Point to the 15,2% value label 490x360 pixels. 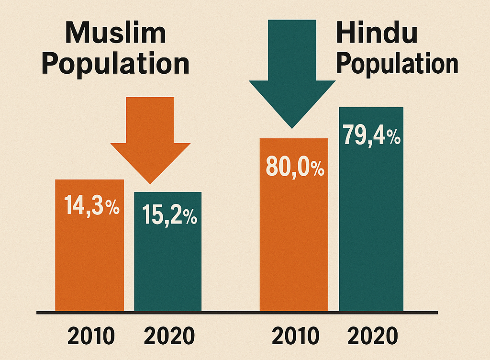click(x=169, y=217)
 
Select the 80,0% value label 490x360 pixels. click(x=294, y=169)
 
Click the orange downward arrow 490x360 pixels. click(x=150, y=134)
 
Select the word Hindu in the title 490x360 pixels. click(x=377, y=34)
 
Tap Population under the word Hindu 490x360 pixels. click(x=397, y=64)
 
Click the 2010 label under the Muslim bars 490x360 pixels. click(x=91, y=337)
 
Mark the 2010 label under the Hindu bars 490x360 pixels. click(x=295, y=337)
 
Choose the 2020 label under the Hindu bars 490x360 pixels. click(x=373, y=337)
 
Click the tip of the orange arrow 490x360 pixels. click(x=150, y=182)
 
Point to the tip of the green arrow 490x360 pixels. click(x=292, y=127)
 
